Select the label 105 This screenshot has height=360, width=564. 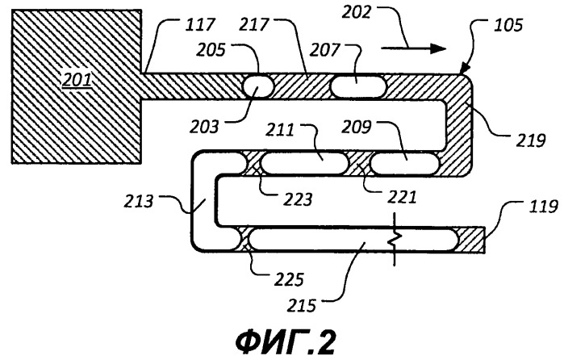coord(520,25)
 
